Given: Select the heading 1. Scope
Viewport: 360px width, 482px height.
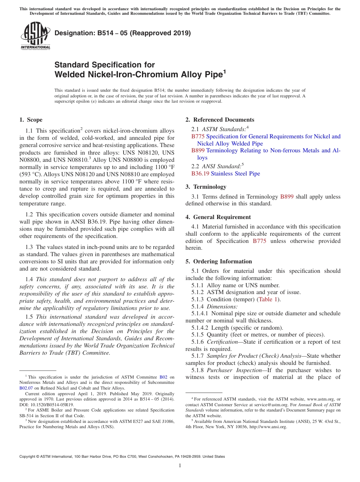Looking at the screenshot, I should (x=31, y=120).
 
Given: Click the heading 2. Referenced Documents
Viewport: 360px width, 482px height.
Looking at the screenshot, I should (x=220, y=120).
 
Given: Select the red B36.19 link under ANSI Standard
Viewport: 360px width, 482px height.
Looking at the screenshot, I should (x=200, y=174).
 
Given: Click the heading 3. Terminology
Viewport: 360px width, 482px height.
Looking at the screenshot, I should (x=206, y=187).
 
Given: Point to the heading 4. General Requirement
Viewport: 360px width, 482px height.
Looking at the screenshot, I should (x=218, y=217).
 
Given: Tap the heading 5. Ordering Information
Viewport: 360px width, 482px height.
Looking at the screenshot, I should (x=219, y=261).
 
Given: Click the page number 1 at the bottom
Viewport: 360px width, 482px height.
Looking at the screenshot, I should (x=180, y=465).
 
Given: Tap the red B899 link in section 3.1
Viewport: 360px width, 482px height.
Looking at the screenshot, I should (x=286, y=197).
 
